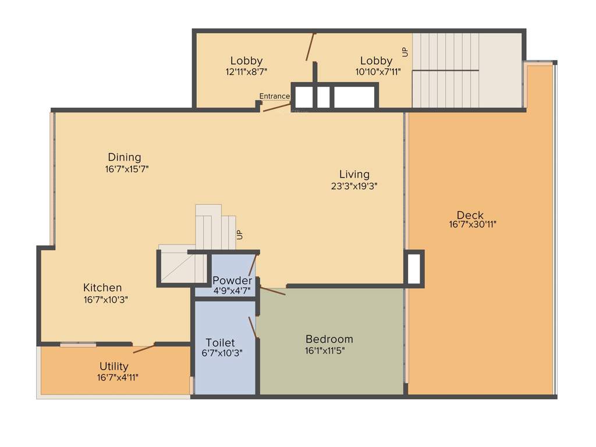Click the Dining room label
[124, 157]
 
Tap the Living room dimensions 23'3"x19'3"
[354, 186]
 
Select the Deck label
[470, 215]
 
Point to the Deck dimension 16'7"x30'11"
[473, 224]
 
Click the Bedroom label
[329, 339]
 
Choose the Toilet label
[220, 342]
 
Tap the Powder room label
[232, 281]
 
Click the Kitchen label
[102, 288]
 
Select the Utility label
[113, 366]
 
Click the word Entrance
[274, 96]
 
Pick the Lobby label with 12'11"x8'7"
[246, 61]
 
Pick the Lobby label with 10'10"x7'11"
[376, 61]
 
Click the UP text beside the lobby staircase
[405, 52]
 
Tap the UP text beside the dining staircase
[239, 235]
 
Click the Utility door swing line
[144, 349]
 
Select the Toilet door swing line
[253, 327]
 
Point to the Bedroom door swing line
[272, 290]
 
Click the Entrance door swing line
[277, 107]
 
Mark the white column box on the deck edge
[414, 268]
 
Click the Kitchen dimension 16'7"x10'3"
[105, 300]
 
